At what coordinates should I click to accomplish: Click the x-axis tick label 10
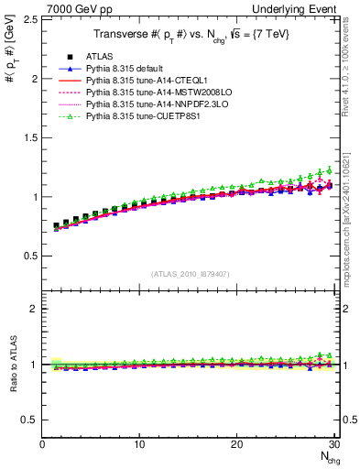click(x=139, y=444)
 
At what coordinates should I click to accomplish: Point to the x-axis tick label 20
click(x=237, y=444)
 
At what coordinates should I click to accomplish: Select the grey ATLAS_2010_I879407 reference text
click(x=191, y=274)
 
